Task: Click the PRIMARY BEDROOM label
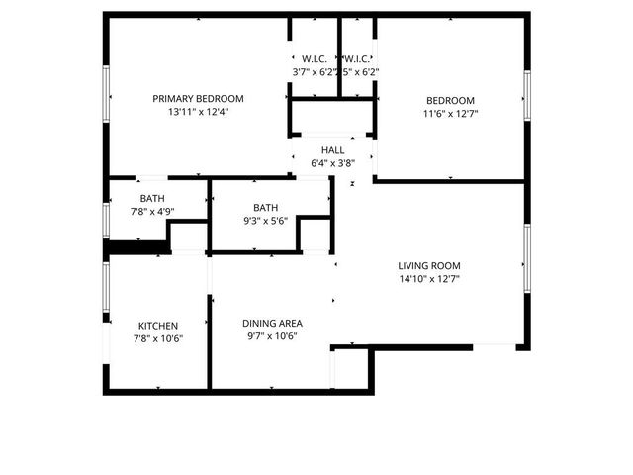(198, 99)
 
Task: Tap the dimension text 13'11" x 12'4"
(198, 113)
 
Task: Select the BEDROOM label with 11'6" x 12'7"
(450, 100)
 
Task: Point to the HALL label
(332, 150)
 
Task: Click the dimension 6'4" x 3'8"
(332, 164)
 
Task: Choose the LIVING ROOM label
(429, 265)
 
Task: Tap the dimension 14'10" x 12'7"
(429, 279)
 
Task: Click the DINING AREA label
(272, 323)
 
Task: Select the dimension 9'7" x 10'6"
(272, 336)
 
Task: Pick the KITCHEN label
(157, 326)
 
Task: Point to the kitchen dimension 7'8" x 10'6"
(157, 339)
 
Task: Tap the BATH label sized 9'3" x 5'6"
(265, 207)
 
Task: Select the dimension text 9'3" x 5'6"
(265, 221)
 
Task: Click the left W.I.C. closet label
(315, 58)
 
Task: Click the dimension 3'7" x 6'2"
(314, 72)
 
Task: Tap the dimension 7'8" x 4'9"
(152, 210)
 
